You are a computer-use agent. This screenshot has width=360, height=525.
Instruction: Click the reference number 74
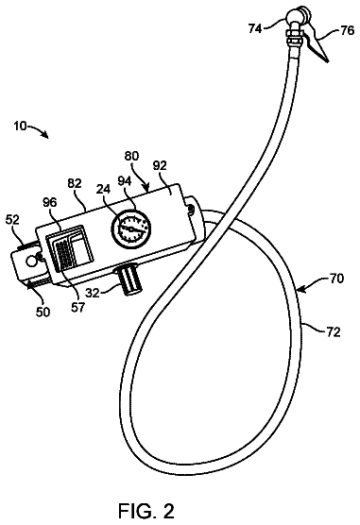[255, 29]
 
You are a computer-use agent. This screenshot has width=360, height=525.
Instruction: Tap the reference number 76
[347, 30]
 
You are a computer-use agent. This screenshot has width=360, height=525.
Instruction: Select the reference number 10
[20, 127]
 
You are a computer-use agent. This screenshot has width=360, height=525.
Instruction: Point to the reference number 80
[131, 156]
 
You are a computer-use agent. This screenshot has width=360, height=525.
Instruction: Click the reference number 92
[160, 166]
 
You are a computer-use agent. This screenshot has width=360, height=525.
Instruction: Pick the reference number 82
[75, 183]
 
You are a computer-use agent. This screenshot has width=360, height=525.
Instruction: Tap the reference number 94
[124, 181]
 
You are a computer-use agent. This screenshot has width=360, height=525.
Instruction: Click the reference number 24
[104, 190]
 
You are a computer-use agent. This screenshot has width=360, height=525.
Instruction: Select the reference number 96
[50, 202]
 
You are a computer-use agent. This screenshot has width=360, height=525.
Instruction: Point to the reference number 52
[12, 220]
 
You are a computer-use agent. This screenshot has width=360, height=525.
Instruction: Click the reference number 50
[42, 312]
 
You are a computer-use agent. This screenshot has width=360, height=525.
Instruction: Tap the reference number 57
[77, 307]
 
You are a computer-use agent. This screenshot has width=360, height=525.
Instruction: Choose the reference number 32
[93, 293]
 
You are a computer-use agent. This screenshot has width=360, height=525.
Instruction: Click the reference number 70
[336, 279]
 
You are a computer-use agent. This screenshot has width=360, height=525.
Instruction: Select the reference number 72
[334, 331]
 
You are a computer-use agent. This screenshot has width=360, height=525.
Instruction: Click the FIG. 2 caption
[146, 511]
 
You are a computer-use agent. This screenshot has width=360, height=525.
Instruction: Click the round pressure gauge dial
[131, 229]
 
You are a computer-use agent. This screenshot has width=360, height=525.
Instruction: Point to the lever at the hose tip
[317, 43]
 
